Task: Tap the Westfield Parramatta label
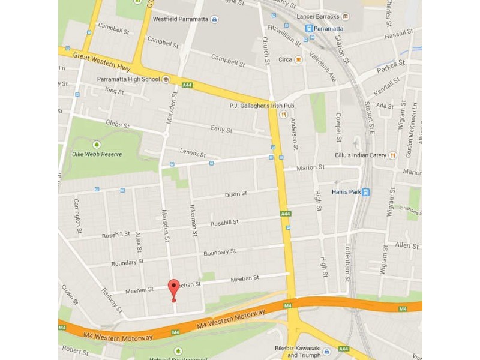click(181, 19)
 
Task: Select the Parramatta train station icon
click(309, 28)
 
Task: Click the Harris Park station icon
click(366, 192)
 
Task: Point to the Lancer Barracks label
click(315, 16)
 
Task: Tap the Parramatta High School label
click(128, 79)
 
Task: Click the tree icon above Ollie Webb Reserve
click(97, 145)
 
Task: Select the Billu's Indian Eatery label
click(360, 155)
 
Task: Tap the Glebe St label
click(118, 124)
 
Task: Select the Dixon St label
click(235, 194)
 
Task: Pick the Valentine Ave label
click(323, 66)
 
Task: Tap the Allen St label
click(407, 245)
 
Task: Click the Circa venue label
click(285, 59)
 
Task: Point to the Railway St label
click(110, 296)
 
